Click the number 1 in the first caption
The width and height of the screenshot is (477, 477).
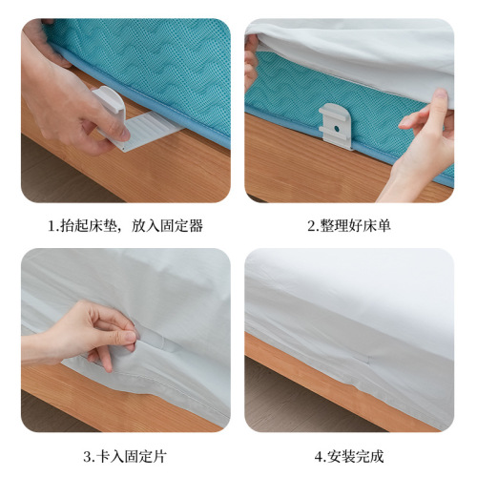click(52, 227)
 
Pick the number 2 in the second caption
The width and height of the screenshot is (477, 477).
click(311, 227)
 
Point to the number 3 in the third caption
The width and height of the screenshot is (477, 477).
click(87, 456)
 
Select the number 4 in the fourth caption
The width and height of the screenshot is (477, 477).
click(320, 456)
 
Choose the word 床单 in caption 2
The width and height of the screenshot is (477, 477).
click(377, 227)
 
